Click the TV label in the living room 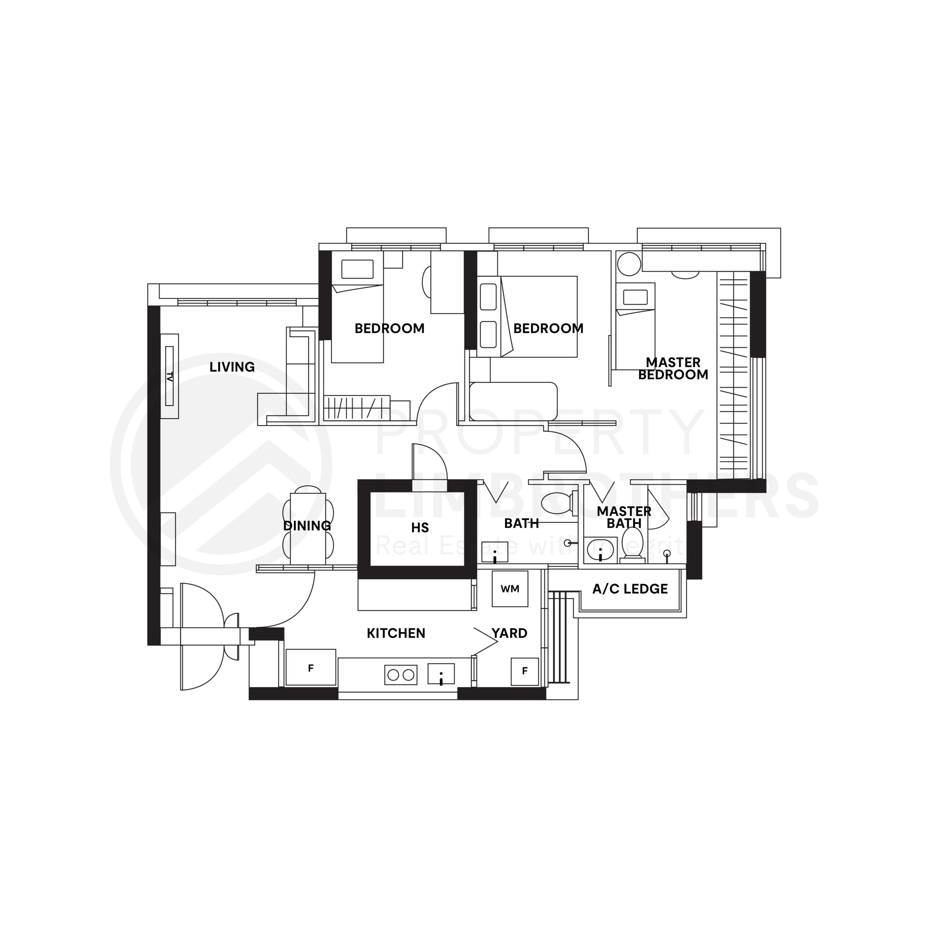coord(169,376)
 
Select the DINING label coord(307,526)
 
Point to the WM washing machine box coord(510,589)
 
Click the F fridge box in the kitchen coord(311,668)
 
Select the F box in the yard coord(525,671)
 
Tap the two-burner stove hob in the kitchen coord(401,675)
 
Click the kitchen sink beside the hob coord(441,674)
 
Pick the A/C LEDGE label coord(630,589)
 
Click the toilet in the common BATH coord(557,503)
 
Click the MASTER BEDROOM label coord(672,368)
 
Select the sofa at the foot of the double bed coord(513,402)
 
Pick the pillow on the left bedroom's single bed coord(357,269)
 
